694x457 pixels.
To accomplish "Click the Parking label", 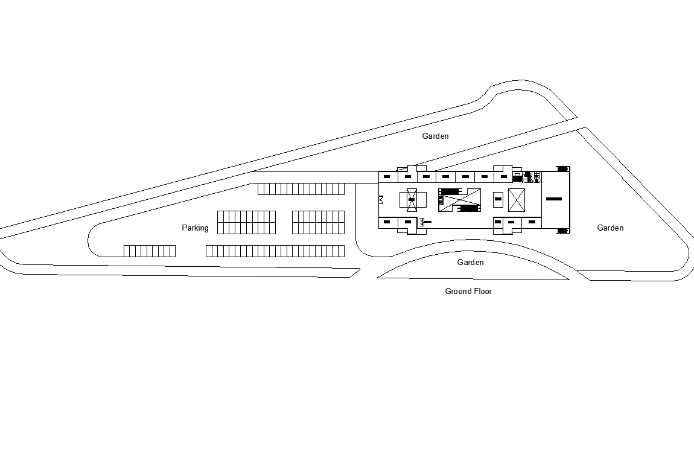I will (195, 228).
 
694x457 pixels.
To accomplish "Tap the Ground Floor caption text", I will (468, 291).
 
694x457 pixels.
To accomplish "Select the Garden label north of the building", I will (435, 136).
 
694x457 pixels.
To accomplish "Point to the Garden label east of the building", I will (610, 228).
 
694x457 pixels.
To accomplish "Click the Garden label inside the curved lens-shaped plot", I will (470, 262).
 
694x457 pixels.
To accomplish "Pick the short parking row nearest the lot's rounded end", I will (150, 251).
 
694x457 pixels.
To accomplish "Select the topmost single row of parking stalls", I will (301, 189).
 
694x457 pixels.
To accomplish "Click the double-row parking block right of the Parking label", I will (246, 222).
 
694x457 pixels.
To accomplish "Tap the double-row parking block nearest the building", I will (318, 222).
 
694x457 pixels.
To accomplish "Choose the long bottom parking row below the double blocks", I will (275, 251).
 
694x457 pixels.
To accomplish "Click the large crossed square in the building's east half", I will (517, 200).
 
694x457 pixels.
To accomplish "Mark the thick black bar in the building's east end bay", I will (554, 199).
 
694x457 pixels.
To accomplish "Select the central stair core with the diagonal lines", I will (460, 200).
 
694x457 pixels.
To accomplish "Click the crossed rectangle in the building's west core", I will (412, 200).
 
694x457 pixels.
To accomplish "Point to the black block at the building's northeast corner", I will (562, 168).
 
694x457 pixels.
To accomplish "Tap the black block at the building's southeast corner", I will (562, 231).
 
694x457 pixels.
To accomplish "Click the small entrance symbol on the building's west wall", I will (381, 199).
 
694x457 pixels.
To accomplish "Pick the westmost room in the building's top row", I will (387, 176).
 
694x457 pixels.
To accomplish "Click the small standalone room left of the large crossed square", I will (498, 199).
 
